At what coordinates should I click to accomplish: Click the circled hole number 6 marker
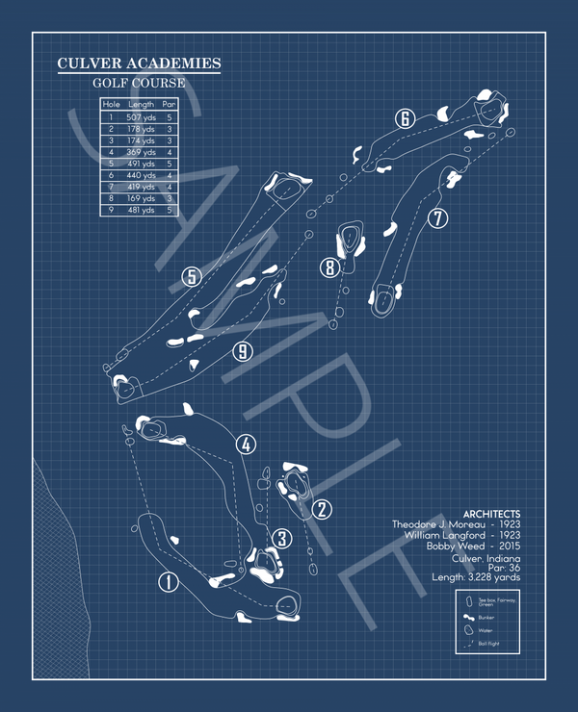pyautogui.click(x=405, y=118)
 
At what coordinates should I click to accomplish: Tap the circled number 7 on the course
pyautogui.click(x=438, y=218)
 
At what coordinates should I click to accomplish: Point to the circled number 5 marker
pyautogui.click(x=192, y=277)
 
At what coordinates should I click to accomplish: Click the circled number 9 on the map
pyautogui.click(x=243, y=352)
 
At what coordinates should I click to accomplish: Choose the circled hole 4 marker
pyautogui.click(x=247, y=445)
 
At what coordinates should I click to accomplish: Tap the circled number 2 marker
pyautogui.click(x=322, y=509)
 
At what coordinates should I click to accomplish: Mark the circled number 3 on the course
pyautogui.click(x=280, y=538)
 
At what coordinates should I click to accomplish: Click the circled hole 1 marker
pyautogui.click(x=168, y=581)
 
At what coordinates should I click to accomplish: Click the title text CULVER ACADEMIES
pyautogui.click(x=139, y=64)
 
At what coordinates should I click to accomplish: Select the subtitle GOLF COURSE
pyautogui.click(x=139, y=84)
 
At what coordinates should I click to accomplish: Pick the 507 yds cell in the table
pyautogui.click(x=141, y=116)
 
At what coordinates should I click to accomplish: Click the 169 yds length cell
pyautogui.click(x=141, y=198)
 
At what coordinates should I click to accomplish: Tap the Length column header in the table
pyautogui.click(x=141, y=104)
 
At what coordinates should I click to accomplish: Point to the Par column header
pyautogui.click(x=170, y=104)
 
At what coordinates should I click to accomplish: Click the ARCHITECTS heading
pyautogui.click(x=491, y=514)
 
